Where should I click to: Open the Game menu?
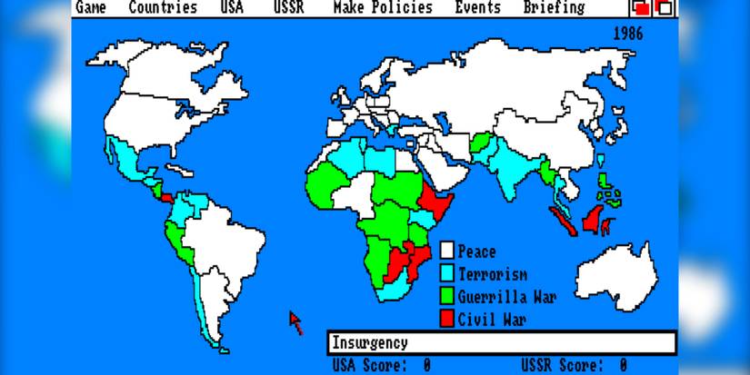90,8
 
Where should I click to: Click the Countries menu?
163,8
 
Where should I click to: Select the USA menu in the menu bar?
232,8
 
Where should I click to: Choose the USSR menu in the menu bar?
288,8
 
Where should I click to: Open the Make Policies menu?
382,8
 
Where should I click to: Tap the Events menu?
477,8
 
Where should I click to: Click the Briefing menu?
554,8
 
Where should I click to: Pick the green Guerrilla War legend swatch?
447,296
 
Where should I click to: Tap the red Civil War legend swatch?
447,319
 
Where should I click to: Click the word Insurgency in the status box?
369,343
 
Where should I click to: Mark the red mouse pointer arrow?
295,321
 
